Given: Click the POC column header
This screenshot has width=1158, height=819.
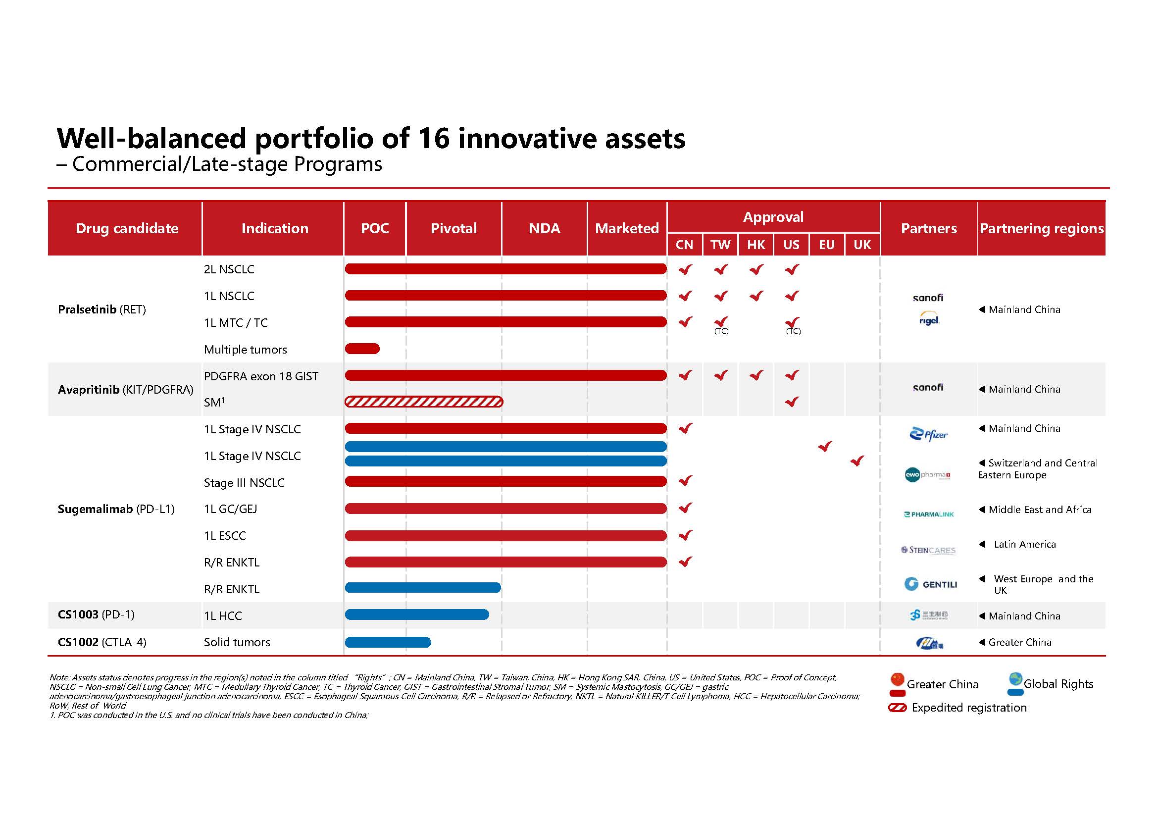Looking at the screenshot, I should [x=375, y=228].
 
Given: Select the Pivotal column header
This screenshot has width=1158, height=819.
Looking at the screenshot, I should [x=453, y=228].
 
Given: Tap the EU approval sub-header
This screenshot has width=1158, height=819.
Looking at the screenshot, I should [x=827, y=245].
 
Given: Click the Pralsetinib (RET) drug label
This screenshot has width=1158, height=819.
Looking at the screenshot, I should [x=102, y=309].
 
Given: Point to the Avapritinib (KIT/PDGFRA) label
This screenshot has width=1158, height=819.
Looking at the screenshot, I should [x=126, y=390].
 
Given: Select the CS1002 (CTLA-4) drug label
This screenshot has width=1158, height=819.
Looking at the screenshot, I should [x=102, y=643].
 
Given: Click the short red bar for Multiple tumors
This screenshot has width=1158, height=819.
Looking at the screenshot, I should [x=362, y=349].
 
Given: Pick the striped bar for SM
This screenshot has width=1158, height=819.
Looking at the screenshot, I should [x=424, y=402].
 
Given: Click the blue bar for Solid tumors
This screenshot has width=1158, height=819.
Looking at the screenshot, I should [x=388, y=643].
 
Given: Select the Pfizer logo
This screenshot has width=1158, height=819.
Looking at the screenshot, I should [x=928, y=434].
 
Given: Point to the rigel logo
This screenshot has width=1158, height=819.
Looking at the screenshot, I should [x=929, y=320].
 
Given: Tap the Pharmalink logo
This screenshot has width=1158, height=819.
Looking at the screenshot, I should [x=929, y=514].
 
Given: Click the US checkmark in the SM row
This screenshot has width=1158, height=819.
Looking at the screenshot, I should [x=792, y=402].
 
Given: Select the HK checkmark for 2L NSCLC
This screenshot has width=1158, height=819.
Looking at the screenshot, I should [x=756, y=270].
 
